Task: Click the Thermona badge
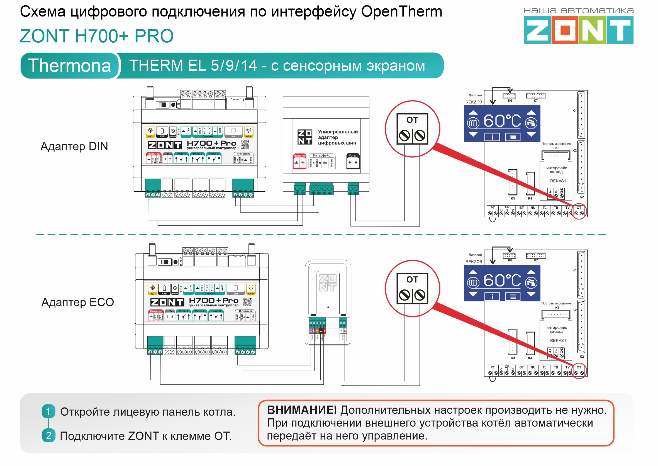pos(69,66)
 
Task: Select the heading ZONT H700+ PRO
pos(97,36)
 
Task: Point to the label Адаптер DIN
pos(74,147)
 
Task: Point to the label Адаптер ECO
pos(77,302)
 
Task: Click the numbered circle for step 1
pos(48,411)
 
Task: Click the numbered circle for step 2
pos(48,436)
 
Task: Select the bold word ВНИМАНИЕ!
pos(302,410)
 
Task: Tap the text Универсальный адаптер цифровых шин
pos(338,137)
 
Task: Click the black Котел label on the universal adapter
pos(353,156)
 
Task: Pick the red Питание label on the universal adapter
pos(299,156)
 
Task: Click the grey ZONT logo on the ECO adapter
pos(328,283)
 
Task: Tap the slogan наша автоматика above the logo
pos(578,11)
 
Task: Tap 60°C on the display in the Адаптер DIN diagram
pos(502,121)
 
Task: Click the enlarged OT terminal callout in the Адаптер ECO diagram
pos(412,289)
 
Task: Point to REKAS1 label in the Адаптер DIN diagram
pos(558,181)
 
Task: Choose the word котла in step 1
pos(219,412)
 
